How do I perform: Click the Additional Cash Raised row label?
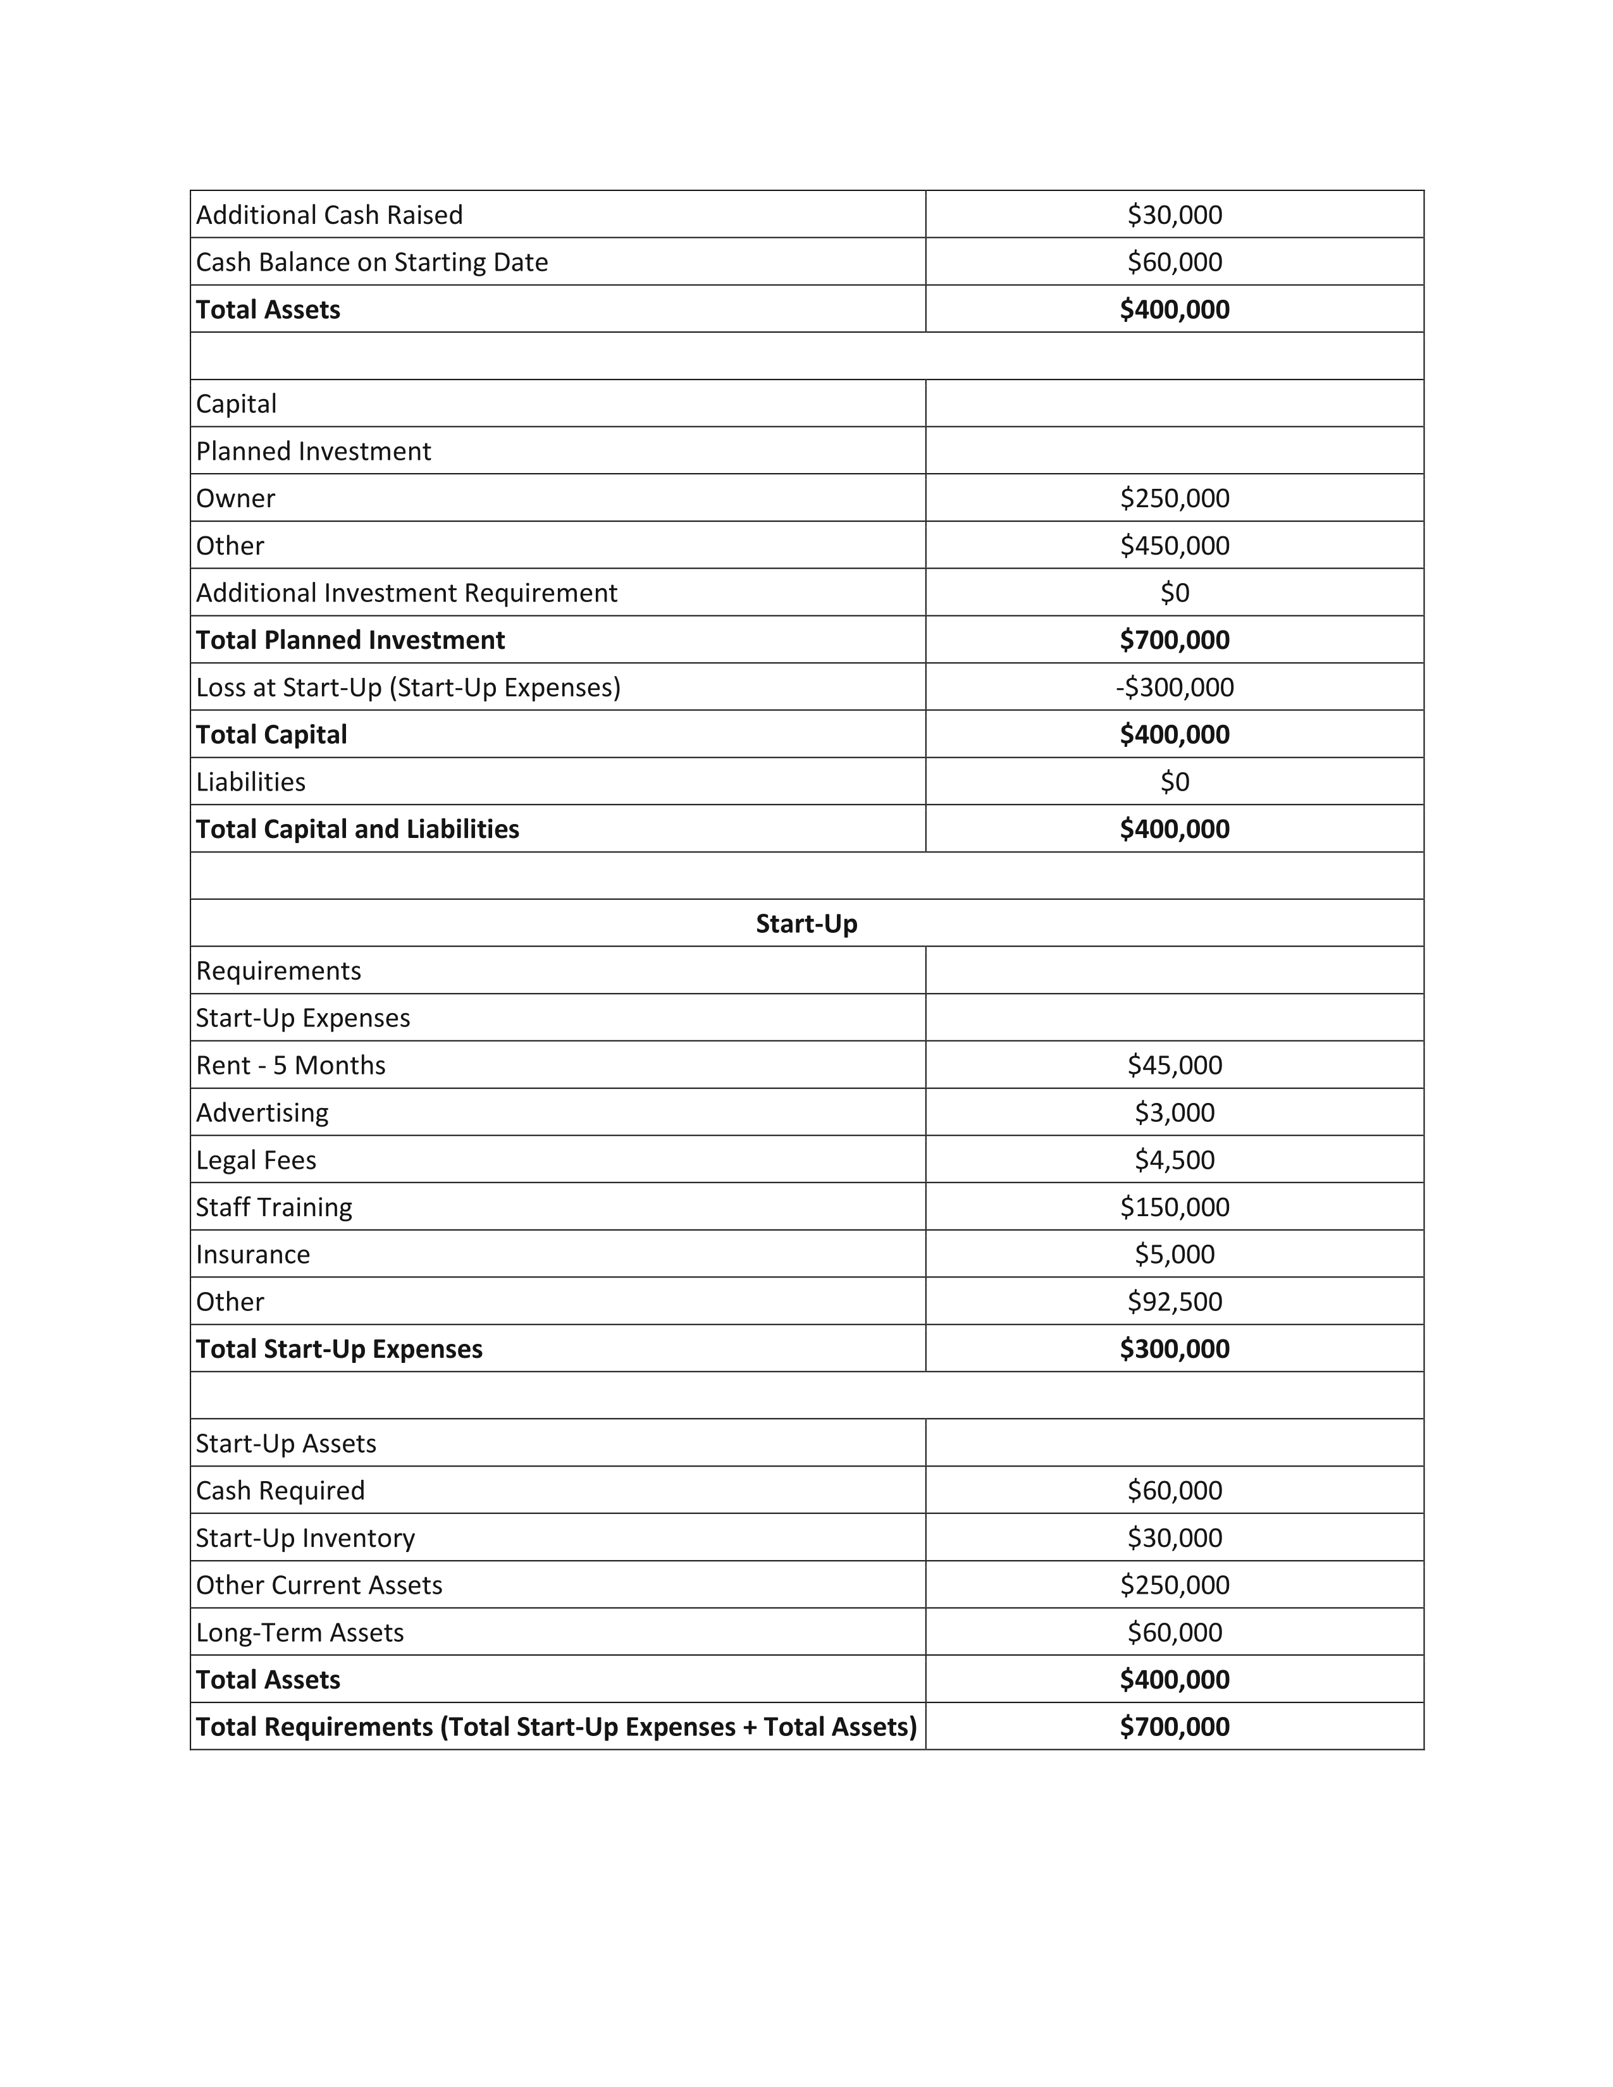click(329, 215)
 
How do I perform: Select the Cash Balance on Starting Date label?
click(372, 262)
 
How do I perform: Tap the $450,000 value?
click(1175, 546)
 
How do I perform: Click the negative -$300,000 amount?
click(1175, 687)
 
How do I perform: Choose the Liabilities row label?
click(250, 782)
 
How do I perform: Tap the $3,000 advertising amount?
click(1175, 1112)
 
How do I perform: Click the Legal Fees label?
click(256, 1160)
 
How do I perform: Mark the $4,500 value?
click(1175, 1160)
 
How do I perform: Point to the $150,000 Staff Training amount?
click(1175, 1207)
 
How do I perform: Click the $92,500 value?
click(1175, 1302)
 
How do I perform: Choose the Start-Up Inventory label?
click(306, 1537)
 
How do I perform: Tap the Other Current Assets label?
click(319, 1585)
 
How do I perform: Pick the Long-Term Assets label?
click(300, 1632)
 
